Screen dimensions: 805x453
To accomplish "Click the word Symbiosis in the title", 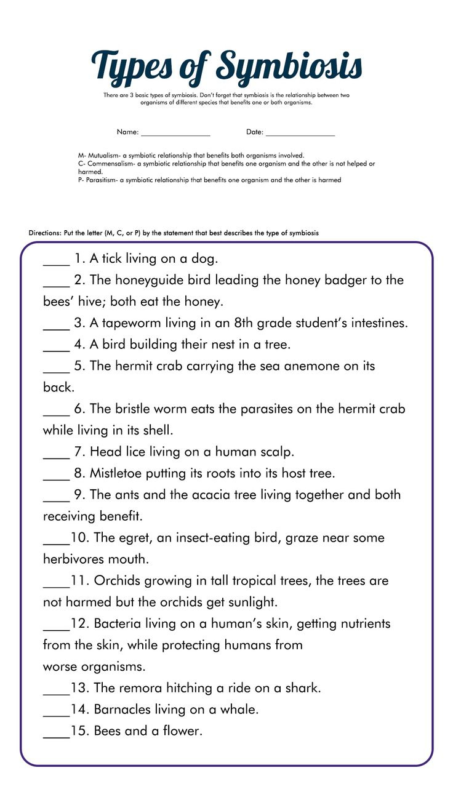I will [x=290, y=66].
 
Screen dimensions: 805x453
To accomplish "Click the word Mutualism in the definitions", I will [x=104, y=156].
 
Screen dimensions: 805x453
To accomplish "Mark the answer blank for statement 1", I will [x=56, y=263].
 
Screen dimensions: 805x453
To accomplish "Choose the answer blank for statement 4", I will [x=56, y=350].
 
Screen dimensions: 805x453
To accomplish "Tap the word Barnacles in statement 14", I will [x=125, y=710].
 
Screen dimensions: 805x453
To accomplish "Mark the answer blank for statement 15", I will [x=56, y=736].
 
